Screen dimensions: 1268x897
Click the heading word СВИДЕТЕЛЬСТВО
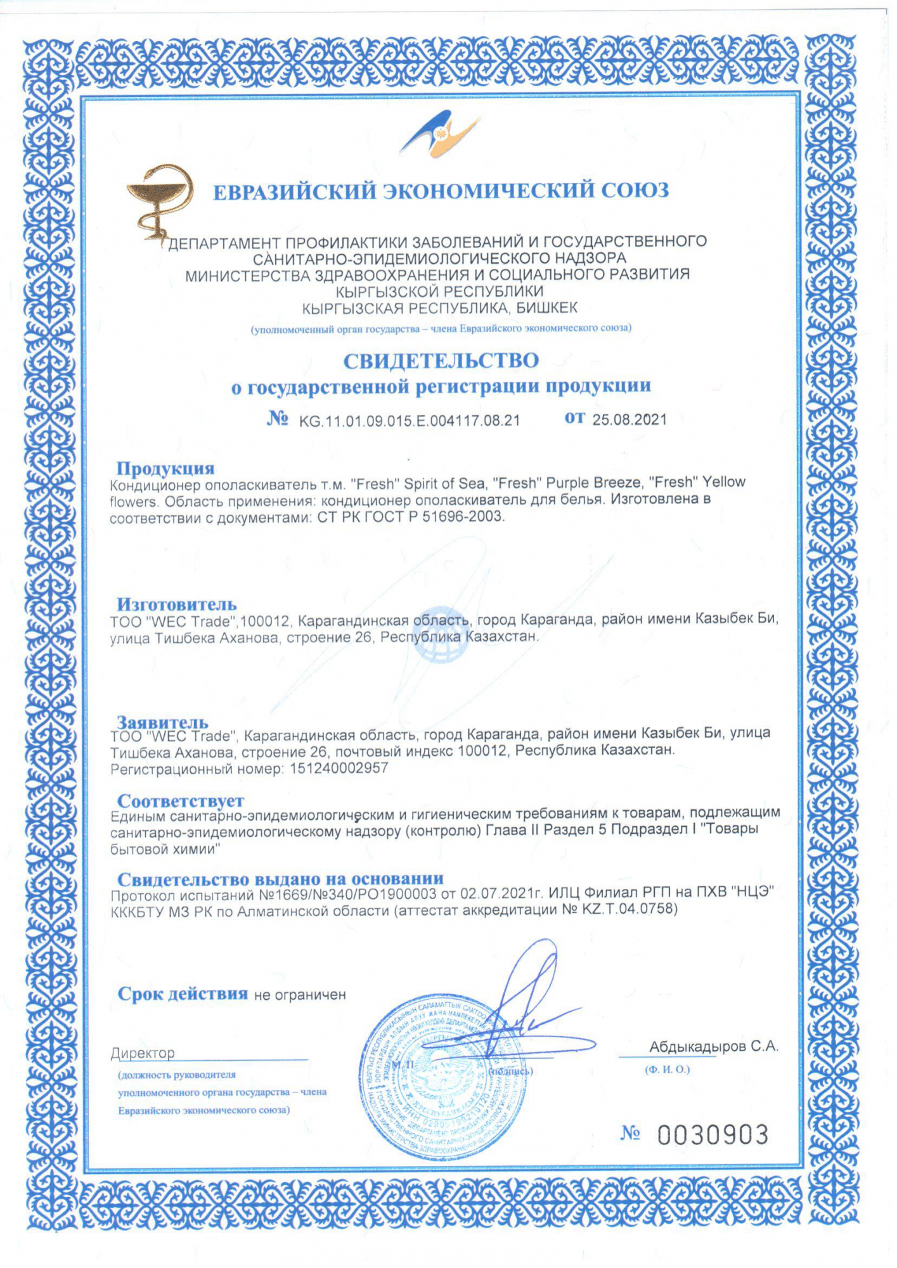[x=441, y=361]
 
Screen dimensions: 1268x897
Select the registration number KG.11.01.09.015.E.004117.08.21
[x=410, y=421]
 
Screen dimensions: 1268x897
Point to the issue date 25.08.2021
[x=629, y=420]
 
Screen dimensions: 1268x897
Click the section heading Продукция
[x=165, y=468]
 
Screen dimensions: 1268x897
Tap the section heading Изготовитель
[x=176, y=604]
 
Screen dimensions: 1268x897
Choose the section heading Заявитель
[x=162, y=721]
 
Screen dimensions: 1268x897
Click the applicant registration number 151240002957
[x=339, y=768]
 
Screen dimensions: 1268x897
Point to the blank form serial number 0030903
[x=713, y=1135]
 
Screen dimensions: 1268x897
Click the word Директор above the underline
[x=143, y=1053]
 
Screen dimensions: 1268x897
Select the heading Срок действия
[x=183, y=993]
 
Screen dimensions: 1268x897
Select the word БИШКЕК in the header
[x=547, y=309]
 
